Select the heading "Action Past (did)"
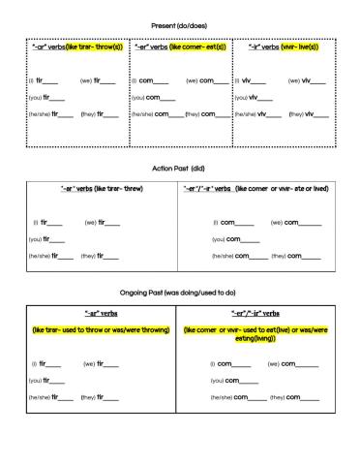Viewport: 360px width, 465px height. click(179, 168)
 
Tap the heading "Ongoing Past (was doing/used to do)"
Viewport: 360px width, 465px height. click(179, 292)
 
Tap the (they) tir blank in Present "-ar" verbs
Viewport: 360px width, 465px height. click(107, 114)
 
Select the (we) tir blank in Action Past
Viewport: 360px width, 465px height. click(111, 222)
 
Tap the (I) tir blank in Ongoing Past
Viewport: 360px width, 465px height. click(53, 363)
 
